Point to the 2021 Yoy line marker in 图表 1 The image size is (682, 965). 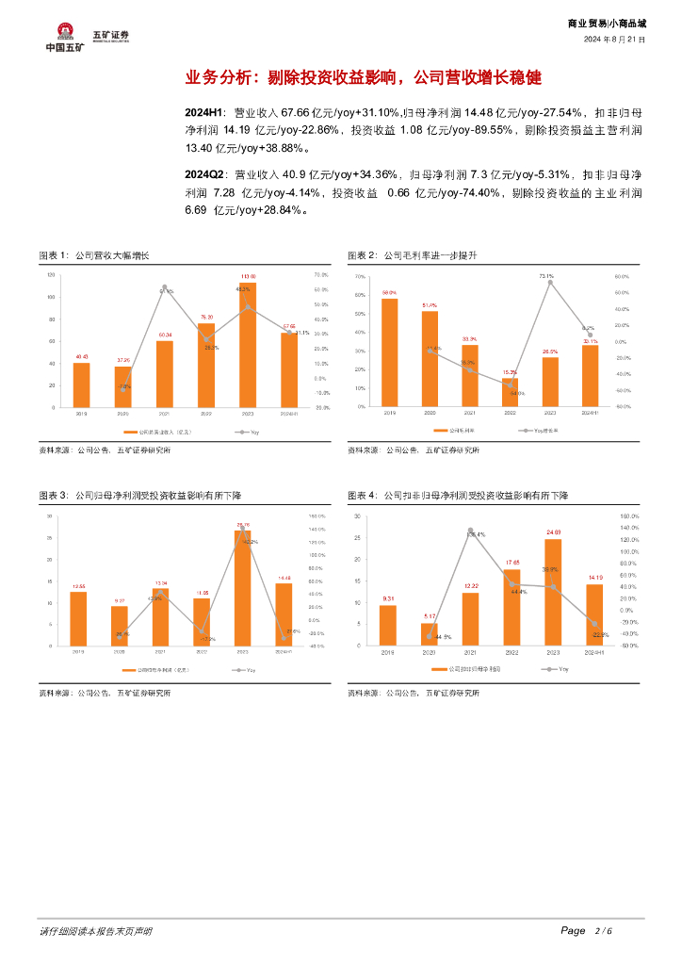click(164, 287)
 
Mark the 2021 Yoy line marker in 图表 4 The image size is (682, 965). click(470, 531)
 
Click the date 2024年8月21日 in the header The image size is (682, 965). click(614, 40)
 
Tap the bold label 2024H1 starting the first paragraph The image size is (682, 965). click(206, 112)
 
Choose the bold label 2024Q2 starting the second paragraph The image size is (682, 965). click(206, 175)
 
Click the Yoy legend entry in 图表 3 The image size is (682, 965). click(247, 669)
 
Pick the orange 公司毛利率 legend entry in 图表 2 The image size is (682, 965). click(458, 430)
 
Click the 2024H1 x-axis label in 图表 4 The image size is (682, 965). click(593, 652)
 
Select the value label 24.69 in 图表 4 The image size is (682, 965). click(553, 532)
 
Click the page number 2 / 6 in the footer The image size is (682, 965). click(603, 931)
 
